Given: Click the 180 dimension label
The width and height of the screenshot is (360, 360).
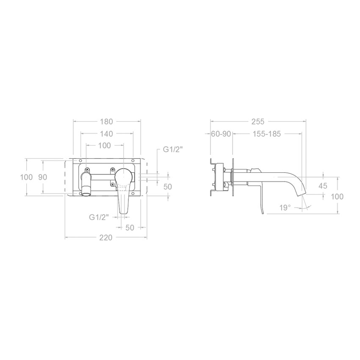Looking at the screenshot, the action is tap(107, 122).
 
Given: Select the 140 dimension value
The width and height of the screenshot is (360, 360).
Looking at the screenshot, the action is tap(107, 133).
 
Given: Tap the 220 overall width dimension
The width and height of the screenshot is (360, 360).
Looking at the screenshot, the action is tap(106, 238).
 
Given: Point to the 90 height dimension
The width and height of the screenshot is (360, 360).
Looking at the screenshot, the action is tap(42, 177).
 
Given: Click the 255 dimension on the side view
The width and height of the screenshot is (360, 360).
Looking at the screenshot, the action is tap(258, 122).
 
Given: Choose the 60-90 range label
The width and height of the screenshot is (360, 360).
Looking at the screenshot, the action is tap(221, 133).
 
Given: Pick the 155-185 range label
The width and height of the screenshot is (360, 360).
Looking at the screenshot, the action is tap(267, 133).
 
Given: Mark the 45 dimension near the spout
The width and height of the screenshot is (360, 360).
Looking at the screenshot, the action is tap(323, 186).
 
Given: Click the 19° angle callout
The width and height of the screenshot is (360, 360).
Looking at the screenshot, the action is tap(285, 208).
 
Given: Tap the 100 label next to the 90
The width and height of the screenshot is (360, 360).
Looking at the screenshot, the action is tap(26, 177).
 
